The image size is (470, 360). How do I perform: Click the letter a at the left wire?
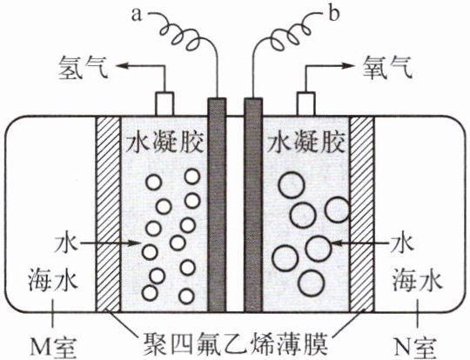click(137, 16)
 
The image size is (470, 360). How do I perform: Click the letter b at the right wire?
click(334, 13)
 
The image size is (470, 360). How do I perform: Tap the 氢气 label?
click(84, 67)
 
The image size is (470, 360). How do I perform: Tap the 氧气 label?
click(387, 67)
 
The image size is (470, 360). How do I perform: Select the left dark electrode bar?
click(217, 205)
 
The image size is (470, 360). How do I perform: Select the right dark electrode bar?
click(253, 205)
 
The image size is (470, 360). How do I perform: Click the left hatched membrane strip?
click(108, 214)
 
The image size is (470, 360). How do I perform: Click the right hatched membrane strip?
click(362, 214)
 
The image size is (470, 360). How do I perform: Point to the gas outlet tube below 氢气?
click(164, 103)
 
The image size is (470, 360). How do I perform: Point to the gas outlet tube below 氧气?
click(305, 103)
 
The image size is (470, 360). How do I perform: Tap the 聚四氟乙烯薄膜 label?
click(235, 343)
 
